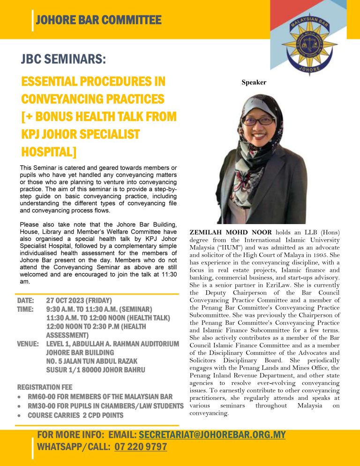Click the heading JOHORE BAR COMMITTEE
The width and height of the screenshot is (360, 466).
click(98, 20)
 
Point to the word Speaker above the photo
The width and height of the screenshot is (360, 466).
click(254, 83)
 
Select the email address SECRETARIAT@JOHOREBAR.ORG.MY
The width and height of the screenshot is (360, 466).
click(212, 435)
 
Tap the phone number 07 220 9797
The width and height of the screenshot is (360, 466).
click(141, 447)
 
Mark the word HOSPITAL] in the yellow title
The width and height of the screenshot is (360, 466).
click(48, 152)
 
